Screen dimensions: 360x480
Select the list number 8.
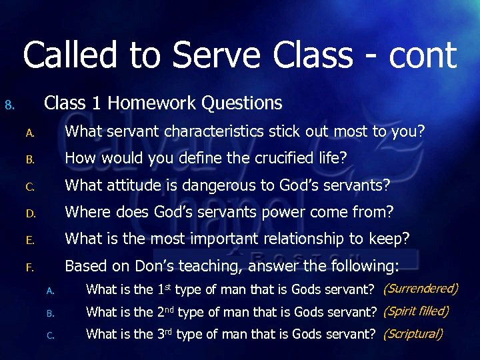pyautogui.click(x=9, y=105)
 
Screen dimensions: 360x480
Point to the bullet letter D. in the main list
pyautogui.click(x=30, y=214)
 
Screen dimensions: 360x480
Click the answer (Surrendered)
pyautogui.click(x=421, y=289)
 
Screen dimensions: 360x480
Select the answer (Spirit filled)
pyautogui.click(x=416, y=311)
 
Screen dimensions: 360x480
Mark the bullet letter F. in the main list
pyautogui.click(x=29, y=268)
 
